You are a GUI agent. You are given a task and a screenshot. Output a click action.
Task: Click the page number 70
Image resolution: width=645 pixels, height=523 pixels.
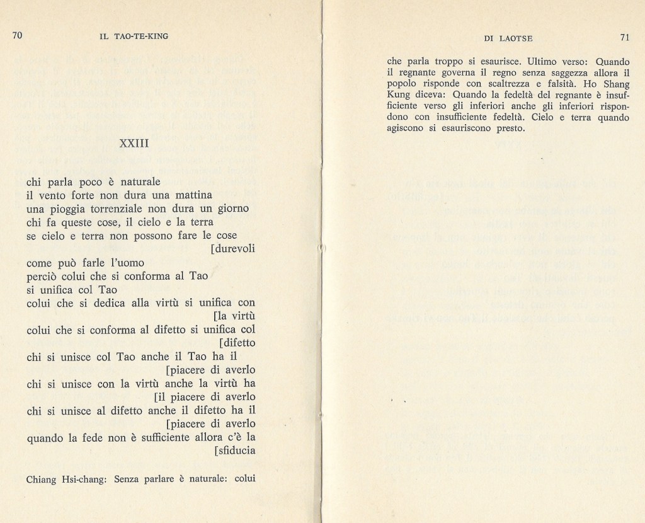[17, 36]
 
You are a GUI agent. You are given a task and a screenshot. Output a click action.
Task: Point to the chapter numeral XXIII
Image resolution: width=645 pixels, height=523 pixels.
[134, 144]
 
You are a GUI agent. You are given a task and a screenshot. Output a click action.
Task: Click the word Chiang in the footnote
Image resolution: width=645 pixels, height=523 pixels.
[43, 480]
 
